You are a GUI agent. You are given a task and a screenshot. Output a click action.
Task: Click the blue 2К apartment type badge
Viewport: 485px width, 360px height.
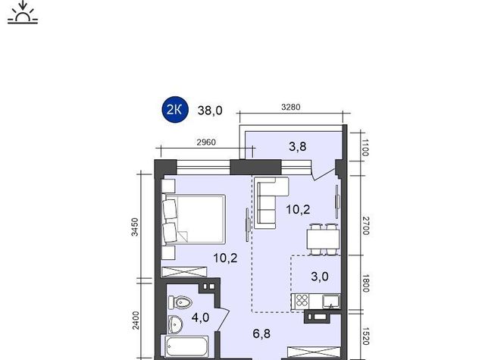[x=175, y=110]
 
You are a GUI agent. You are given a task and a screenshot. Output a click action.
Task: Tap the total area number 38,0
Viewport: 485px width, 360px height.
[x=210, y=111]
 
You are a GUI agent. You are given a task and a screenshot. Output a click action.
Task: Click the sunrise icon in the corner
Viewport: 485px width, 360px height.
[x=23, y=12]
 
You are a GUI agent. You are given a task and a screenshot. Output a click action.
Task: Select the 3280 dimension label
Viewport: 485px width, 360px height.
[x=291, y=107]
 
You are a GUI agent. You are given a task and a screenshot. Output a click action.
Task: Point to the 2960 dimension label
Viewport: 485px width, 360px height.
[x=206, y=142]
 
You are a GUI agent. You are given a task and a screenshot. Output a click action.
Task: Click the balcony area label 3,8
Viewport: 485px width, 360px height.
[x=298, y=146]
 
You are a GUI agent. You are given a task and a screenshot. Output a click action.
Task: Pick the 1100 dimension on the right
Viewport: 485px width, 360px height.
[x=365, y=148]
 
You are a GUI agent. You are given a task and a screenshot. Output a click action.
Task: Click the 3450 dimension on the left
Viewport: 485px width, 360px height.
[x=135, y=227]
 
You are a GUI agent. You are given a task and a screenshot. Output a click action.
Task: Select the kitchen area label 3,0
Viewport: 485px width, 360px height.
[x=320, y=276]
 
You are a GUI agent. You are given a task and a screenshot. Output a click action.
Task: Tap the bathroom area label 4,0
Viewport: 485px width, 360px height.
[x=200, y=318]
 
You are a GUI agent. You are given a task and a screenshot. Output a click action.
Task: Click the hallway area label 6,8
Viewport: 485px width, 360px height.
[x=261, y=333]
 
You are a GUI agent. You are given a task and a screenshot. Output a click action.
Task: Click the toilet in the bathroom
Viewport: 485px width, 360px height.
[x=180, y=302]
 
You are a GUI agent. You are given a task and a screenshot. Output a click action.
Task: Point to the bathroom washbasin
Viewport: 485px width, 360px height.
[x=175, y=324]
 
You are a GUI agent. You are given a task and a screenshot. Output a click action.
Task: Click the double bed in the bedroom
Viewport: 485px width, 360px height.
[x=193, y=219]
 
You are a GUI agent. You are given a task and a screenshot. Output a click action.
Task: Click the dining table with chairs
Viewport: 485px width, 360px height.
[x=323, y=239]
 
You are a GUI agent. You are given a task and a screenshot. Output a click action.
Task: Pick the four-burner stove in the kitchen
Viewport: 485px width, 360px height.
[x=302, y=301]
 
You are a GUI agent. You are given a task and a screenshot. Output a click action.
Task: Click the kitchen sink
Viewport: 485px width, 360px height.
[x=331, y=302]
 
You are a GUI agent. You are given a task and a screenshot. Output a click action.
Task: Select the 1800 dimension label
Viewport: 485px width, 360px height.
[x=365, y=283]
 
